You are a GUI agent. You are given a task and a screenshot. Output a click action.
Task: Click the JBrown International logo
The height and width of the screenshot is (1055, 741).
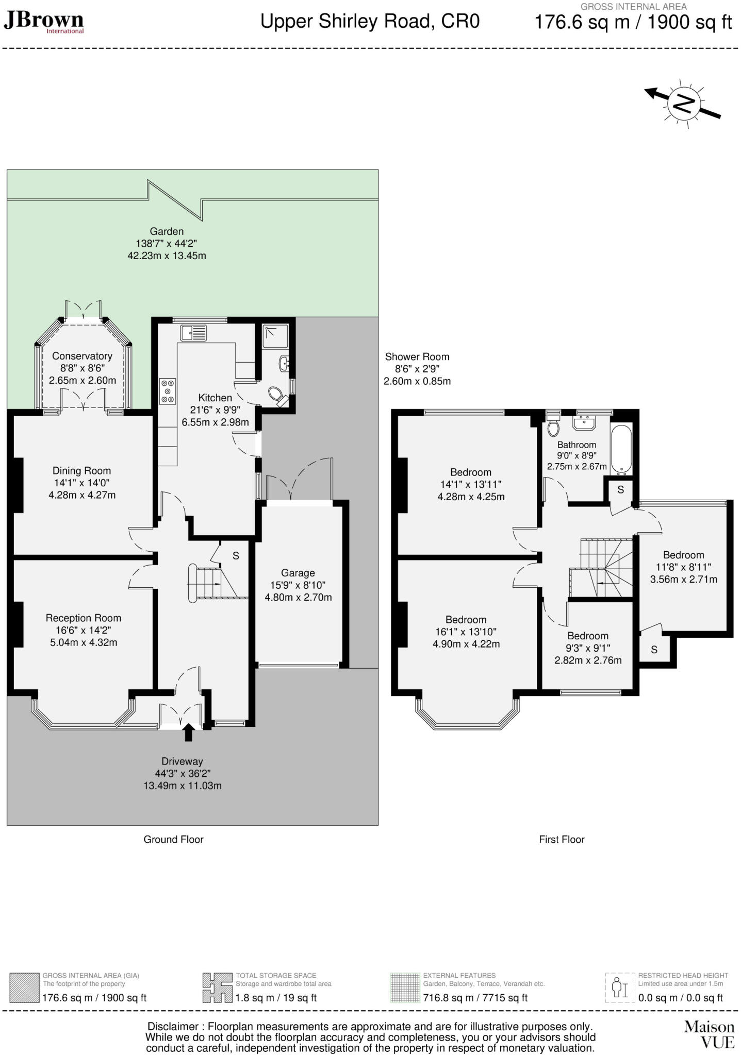[x=43, y=22]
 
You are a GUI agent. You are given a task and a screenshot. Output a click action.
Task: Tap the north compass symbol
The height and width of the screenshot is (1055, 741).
[x=683, y=104]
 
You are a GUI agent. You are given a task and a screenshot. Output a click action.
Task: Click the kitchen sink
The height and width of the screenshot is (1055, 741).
[x=193, y=333]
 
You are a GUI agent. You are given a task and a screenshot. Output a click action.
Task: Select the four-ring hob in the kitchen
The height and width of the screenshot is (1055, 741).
[x=168, y=391]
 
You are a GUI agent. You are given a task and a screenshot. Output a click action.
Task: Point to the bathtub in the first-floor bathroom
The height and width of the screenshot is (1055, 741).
[x=621, y=449]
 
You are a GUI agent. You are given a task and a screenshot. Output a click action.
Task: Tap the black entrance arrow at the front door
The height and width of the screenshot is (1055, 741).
[x=188, y=732]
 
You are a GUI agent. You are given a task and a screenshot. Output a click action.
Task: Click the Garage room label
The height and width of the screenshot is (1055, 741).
[x=298, y=573]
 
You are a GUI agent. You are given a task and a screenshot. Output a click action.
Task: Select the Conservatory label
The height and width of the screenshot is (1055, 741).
[x=82, y=356]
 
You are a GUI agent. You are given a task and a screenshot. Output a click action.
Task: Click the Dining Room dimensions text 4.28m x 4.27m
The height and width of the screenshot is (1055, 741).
[x=81, y=495]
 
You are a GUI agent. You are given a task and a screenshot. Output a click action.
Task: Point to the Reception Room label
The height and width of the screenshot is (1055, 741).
[x=83, y=618]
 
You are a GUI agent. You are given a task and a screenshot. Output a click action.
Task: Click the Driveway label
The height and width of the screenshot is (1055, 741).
[x=182, y=761]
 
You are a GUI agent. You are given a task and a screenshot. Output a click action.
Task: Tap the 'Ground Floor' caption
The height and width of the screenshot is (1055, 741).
[x=173, y=839]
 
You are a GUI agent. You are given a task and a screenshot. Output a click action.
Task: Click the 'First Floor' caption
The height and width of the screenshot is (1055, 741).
[x=562, y=839]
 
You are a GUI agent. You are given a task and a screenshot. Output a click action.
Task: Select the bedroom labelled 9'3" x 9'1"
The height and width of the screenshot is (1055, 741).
[x=588, y=648]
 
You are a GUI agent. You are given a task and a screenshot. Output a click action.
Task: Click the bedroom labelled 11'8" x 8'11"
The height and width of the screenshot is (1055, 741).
[x=683, y=567]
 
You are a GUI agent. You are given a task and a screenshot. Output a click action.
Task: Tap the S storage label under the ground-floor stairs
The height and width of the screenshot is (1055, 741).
[x=236, y=556]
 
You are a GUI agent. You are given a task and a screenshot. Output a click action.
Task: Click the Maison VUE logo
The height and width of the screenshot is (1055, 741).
[x=709, y=1034]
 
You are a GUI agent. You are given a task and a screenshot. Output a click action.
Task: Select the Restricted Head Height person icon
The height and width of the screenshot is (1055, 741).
[x=619, y=987]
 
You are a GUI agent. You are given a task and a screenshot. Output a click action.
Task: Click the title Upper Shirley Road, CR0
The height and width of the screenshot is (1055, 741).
[x=370, y=22]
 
